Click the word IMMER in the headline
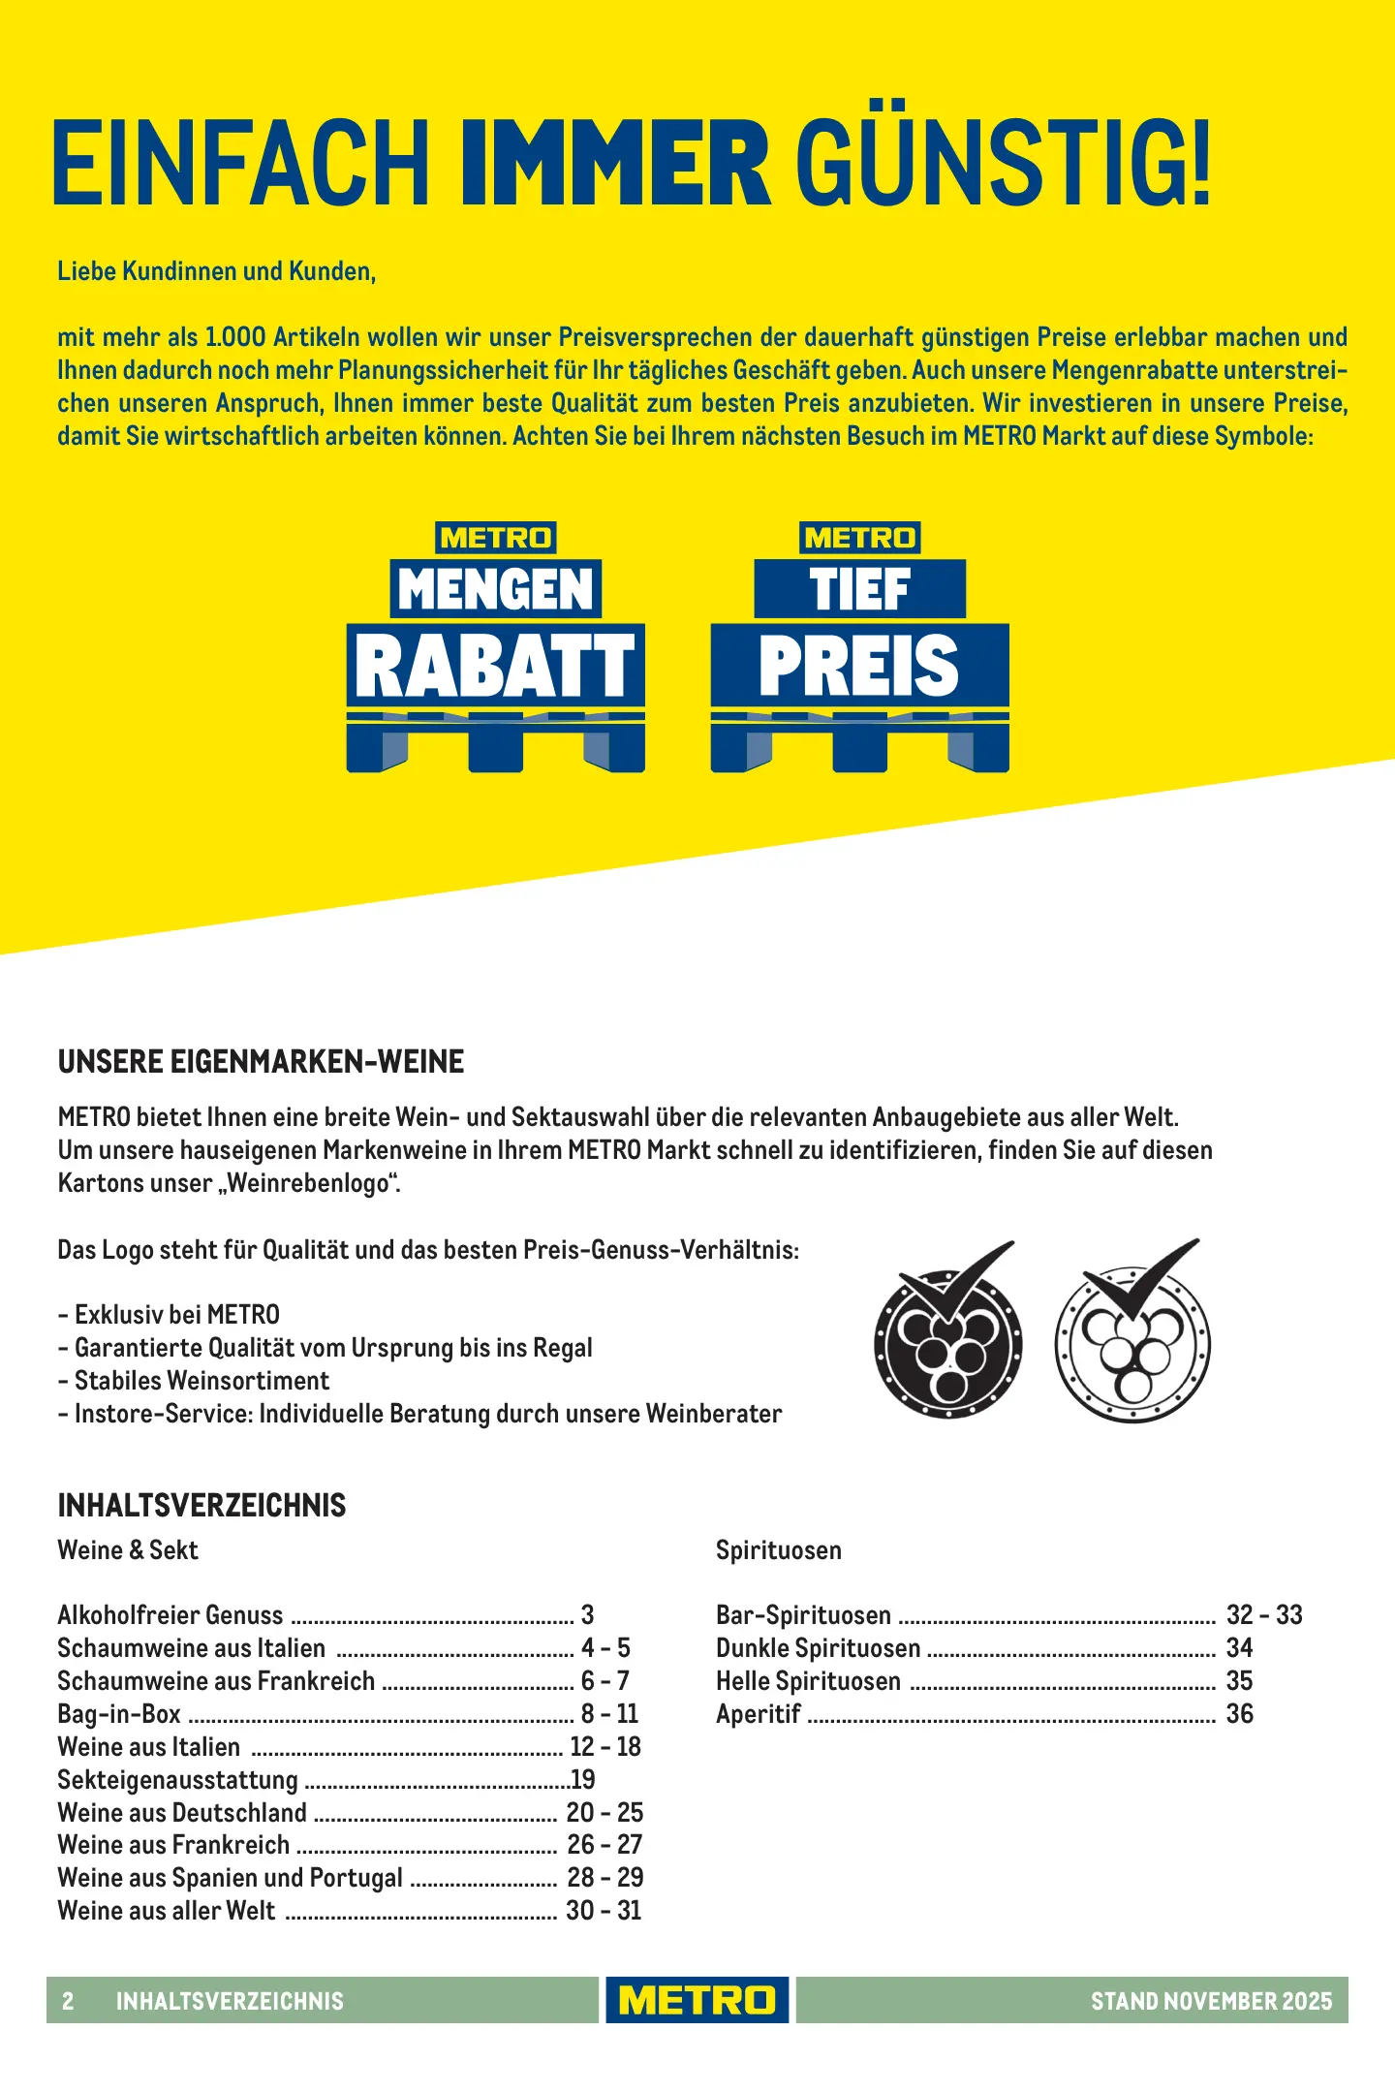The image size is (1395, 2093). (615, 162)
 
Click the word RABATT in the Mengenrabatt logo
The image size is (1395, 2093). (495, 666)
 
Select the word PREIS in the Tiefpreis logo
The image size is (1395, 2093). (859, 666)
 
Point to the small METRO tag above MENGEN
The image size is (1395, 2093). (495, 538)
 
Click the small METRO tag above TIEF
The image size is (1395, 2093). (859, 538)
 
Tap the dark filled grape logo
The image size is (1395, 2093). (947, 1337)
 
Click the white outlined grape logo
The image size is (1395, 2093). (1131, 1337)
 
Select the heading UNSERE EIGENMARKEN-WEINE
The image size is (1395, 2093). (261, 1062)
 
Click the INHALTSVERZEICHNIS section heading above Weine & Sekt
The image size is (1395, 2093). (201, 1506)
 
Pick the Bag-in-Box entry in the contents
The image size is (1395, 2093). (119, 1714)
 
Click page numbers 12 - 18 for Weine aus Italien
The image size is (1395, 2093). (605, 1747)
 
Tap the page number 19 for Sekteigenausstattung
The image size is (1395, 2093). (583, 1780)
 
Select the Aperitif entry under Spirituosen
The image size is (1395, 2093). (759, 1714)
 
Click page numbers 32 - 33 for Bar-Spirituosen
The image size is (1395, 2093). (1264, 1615)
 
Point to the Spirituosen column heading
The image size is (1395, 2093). (779, 1550)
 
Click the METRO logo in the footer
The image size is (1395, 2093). (697, 2000)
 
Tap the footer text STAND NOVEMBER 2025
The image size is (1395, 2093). (1211, 2001)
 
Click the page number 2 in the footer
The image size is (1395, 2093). (68, 2001)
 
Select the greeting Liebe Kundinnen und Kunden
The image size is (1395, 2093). (216, 271)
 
